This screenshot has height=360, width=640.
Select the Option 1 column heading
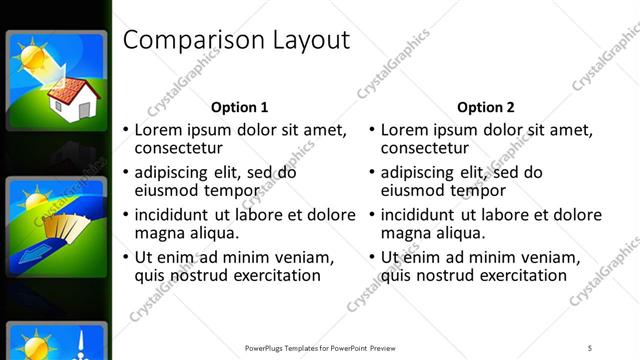pyautogui.click(x=240, y=107)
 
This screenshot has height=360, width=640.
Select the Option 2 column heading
pyautogui.click(x=486, y=107)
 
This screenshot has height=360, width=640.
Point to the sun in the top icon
pyautogui.click(x=33, y=56)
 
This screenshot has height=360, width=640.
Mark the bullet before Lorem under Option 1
pyautogui.click(x=125, y=130)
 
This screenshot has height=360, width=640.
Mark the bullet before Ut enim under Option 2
pyautogui.click(x=371, y=258)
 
